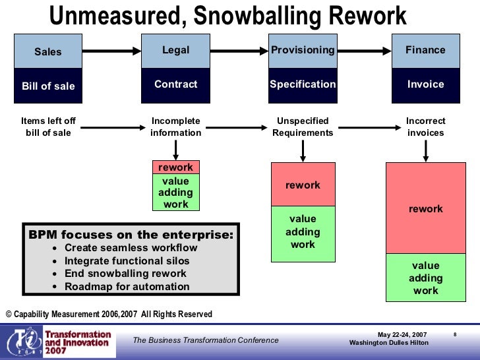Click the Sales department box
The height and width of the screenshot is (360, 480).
pos(48,52)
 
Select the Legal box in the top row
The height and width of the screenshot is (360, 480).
pos(175,51)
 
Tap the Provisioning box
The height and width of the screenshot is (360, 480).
pos(303,51)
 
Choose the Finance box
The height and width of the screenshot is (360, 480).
pos(425,51)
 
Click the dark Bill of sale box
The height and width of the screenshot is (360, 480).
pos(48,86)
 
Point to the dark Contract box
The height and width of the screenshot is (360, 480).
pos(175,84)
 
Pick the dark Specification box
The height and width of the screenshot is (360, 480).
pos(303,84)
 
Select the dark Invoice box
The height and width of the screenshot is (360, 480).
pos(425,84)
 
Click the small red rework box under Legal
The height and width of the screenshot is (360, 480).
pos(175,167)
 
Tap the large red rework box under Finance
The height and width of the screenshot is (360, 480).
pos(425,208)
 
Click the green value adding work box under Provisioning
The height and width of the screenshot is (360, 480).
pos(303,231)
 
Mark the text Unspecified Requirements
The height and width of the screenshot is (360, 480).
pos(303,127)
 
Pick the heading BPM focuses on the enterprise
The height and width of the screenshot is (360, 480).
pos(131,234)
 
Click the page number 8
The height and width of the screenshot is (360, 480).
pos(455,335)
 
